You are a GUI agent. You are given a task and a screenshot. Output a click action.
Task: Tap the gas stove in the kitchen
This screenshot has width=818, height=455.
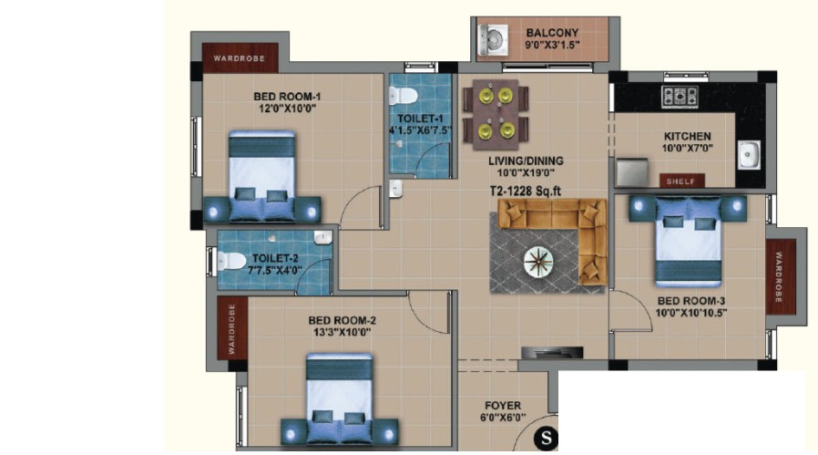[680, 96]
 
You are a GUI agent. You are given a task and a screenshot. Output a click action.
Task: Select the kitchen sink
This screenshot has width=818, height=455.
[749, 155]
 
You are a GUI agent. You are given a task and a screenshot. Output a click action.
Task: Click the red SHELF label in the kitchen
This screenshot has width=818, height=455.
[681, 181]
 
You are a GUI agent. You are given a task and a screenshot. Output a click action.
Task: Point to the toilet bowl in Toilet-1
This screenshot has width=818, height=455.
[403, 96]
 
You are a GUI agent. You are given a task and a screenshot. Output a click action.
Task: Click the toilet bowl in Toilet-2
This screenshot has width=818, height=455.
[231, 261]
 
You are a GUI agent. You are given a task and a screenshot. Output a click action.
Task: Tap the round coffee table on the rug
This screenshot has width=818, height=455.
[538, 261]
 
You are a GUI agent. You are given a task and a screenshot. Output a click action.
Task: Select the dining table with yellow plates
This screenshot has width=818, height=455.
[496, 115]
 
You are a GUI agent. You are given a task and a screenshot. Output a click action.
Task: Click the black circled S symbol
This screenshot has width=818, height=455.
[546, 438]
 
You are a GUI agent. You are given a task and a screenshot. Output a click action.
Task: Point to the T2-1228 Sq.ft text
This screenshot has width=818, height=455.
[525, 191]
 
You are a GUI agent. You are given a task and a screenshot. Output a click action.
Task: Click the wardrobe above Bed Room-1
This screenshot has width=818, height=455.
[240, 58]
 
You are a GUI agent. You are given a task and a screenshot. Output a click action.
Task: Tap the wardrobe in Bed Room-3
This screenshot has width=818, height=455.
[781, 277]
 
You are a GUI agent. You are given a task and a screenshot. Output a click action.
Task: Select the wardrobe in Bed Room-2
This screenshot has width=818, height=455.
[231, 328]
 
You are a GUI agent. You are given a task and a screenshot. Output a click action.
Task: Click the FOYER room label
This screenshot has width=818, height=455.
[503, 406]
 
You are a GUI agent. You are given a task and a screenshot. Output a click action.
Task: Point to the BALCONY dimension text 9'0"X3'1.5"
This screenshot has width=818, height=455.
[552, 45]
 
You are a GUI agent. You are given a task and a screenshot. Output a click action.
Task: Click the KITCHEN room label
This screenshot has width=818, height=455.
[687, 137]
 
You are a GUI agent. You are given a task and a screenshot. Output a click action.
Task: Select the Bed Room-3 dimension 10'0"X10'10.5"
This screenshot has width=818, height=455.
[691, 313]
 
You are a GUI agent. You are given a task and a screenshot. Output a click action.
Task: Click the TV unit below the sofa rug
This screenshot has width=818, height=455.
[552, 352]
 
